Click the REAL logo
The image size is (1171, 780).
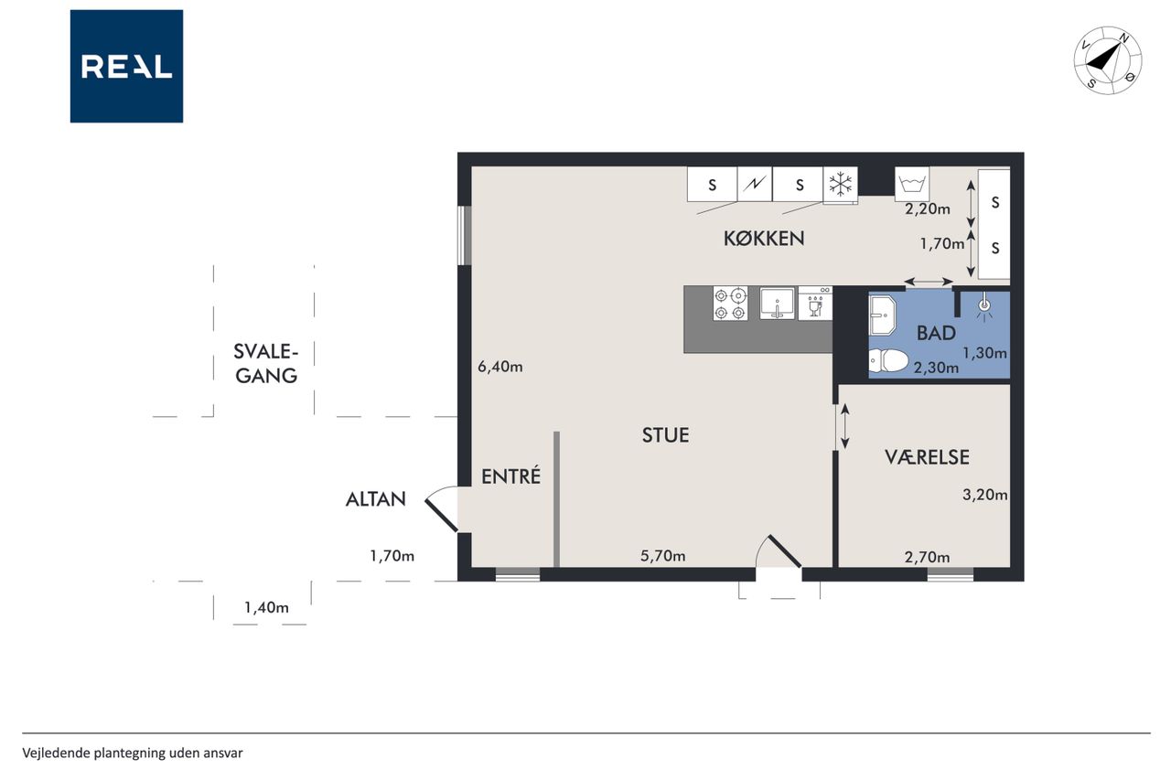pyautogui.click(x=126, y=67)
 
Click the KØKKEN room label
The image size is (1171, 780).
pyautogui.click(x=763, y=239)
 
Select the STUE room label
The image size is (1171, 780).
pyautogui.click(x=665, y=435)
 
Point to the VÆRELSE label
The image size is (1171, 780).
pyautogui.click(x=927, y=457)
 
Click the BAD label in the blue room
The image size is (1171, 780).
pyautogui.click(x=936, y=334)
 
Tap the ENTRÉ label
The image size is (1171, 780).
pyautogui.click(x=510, y=475)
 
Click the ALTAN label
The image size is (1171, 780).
pyautogui.click(x=375, y=499)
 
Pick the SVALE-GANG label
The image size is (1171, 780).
pyautogui.click(x=266, y=364)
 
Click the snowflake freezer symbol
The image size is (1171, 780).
pyautogui.click(x=840, y=185)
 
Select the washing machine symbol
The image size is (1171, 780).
pyautogui.click(x=912, y=184)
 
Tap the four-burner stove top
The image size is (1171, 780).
pyautogui.click(x=730, y=303)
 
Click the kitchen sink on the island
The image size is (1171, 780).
pyautogui.click(x=778, y=303)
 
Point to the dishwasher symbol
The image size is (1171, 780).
pyautogui.click(x=815, y=303)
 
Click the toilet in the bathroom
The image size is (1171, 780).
pyautogui.click(x=887, y=360)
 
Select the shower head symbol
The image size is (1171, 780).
pyautogui.click(x=984, y=308)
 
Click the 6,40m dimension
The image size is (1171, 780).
pyautogui.click(x=500, y=367)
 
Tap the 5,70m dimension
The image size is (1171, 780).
pyautogui.click(x=663, y=556)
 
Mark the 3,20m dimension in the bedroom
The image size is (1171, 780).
pyautogui.click(x=985, y=495)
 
